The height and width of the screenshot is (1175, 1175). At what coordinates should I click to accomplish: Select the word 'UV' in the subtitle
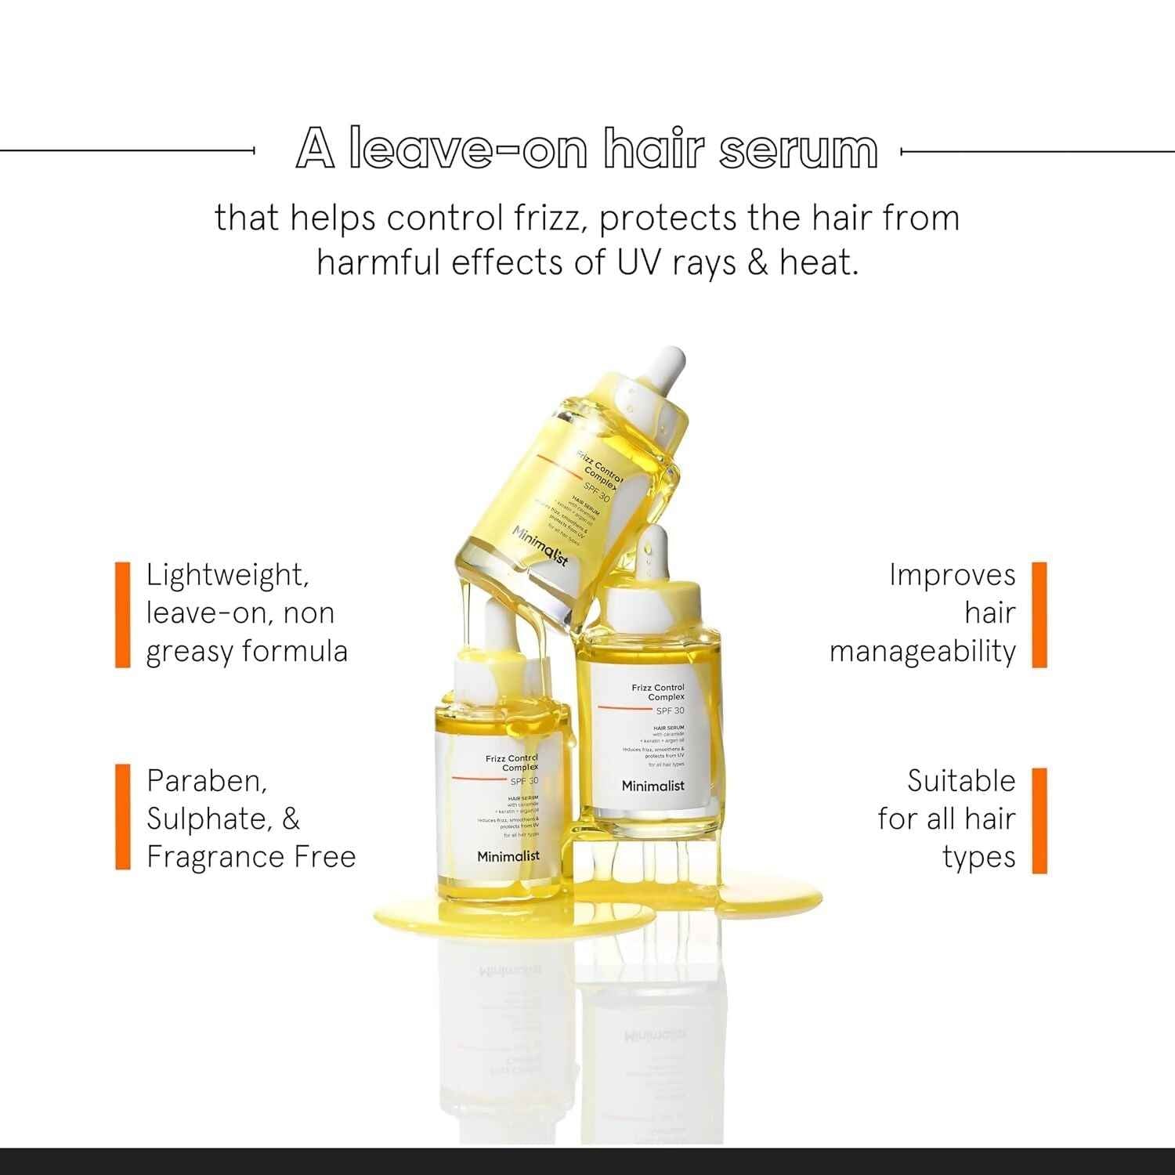point(638,262)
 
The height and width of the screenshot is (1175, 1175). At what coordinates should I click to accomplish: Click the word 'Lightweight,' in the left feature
point(228,576)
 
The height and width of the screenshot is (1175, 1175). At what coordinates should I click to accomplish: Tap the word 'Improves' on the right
point(952,576)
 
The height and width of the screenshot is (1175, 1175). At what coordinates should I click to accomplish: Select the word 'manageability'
point(922,652)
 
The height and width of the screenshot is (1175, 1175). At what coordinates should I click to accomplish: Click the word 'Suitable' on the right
point(961,781)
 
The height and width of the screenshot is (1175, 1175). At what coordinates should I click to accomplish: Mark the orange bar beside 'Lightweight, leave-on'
point(122,614)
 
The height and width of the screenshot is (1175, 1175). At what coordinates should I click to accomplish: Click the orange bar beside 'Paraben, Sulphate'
point(122,818)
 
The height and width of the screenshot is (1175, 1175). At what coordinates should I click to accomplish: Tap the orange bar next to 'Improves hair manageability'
point(1039,614)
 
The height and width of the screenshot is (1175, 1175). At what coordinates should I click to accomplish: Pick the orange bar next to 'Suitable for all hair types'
point(1039,819)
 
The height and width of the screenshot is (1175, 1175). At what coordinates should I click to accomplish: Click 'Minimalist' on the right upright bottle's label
point(653,786)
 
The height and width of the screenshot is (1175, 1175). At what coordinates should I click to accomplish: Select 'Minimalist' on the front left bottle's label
point(508,856)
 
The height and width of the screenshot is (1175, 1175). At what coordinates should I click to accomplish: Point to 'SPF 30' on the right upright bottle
point(670,710)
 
